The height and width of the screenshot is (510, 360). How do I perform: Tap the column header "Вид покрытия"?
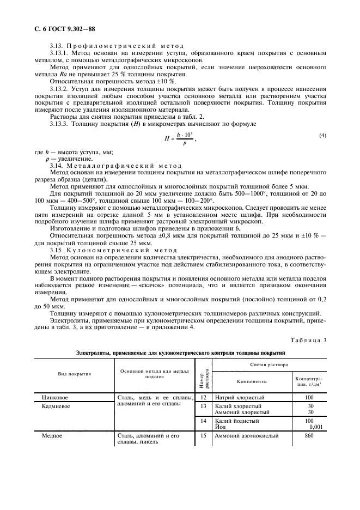(x=75, y=374)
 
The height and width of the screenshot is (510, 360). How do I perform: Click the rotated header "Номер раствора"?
(x=203, y=375)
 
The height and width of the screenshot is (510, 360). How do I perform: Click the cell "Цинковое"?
(x=58, y=398)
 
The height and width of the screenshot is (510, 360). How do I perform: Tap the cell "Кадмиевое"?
(x=61, y=406)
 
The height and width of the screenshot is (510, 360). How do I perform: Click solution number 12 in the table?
(x=203, y=398)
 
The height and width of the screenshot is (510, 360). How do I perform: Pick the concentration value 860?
(x=309, y=436)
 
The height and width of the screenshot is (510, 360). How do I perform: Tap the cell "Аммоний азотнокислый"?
(x=246, y=436)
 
